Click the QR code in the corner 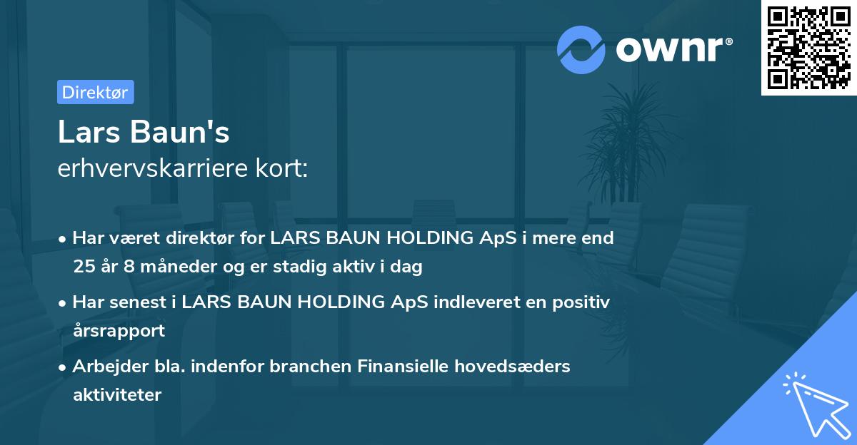point(808,48)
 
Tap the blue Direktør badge point(95,92)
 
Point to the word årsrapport point(119,330)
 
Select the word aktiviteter point(117,394)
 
